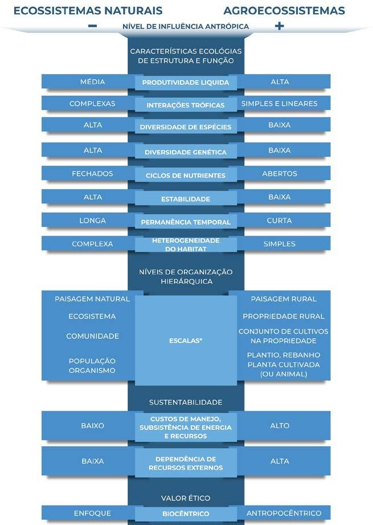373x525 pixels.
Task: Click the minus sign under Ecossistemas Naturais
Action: click(93, 26)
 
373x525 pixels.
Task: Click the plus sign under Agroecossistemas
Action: click(279, 26)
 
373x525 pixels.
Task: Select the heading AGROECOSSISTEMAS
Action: click(284, 11)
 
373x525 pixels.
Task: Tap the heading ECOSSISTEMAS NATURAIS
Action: click(88, 11)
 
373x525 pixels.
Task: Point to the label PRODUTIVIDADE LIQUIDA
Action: click(186, 83)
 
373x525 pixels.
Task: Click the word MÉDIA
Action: click(92, 82)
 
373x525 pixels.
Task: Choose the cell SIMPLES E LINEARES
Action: click(279, 104)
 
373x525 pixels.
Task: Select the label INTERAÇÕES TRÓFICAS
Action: click(186, 105)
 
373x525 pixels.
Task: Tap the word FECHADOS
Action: click(92, 174)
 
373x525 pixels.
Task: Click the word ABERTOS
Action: click(279, 174)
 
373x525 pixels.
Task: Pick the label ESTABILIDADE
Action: click(186, 199)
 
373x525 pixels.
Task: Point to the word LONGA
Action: click(92, 220)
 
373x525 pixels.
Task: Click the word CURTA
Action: click(279, 220)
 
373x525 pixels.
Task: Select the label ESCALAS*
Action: click(186, 341)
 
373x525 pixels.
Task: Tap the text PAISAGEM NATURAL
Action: click(92, 299)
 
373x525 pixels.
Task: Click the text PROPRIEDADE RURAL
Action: click(283, 316)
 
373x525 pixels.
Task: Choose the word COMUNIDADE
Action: click(92, 336)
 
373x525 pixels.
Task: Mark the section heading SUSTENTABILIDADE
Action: click(186, 403)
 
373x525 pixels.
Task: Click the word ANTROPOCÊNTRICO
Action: click(284, 513)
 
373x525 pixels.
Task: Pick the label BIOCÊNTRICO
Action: click(186, 514)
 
